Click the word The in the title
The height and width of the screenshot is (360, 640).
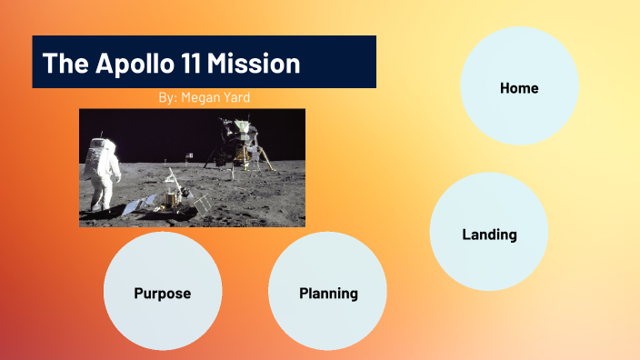point(62,64)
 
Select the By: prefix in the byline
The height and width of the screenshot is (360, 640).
point(168,96)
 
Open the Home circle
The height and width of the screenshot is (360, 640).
point(519,87)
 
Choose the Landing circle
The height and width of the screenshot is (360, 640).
point(489,234)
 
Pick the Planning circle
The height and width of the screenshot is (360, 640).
point(328,293)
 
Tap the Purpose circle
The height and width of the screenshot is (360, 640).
point(163,293)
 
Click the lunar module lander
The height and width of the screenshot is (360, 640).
point(238,145)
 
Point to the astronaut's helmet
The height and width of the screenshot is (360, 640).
point(102,145)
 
